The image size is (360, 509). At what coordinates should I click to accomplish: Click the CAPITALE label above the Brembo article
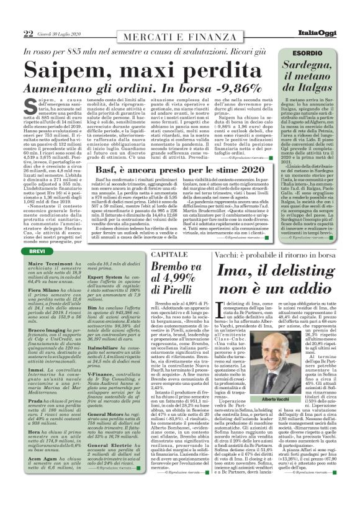[x=185, y=254]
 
